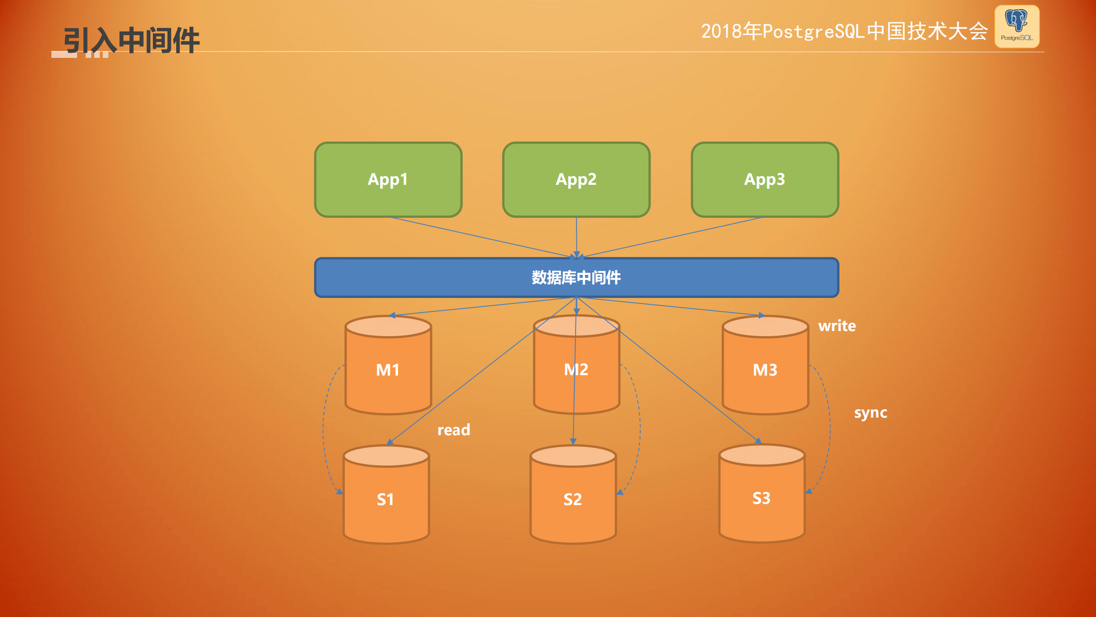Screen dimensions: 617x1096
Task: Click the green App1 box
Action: [388, 179]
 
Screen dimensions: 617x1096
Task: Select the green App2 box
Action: [576, 179]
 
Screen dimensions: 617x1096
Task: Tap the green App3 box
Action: [765, 179]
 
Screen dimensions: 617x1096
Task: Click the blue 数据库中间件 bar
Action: [576, 277]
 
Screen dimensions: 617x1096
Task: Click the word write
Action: [837, 326]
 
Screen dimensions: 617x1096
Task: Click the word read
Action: [454, 430]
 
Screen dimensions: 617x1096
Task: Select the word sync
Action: [870, 412]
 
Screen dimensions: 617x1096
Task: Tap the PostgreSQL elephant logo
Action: [1017, 26]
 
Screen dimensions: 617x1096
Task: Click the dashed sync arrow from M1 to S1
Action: [324, 429]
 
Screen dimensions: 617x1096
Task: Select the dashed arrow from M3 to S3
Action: [830, 429]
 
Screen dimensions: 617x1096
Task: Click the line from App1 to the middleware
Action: [480, 237]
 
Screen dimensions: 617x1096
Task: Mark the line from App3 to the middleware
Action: [672, 237]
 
